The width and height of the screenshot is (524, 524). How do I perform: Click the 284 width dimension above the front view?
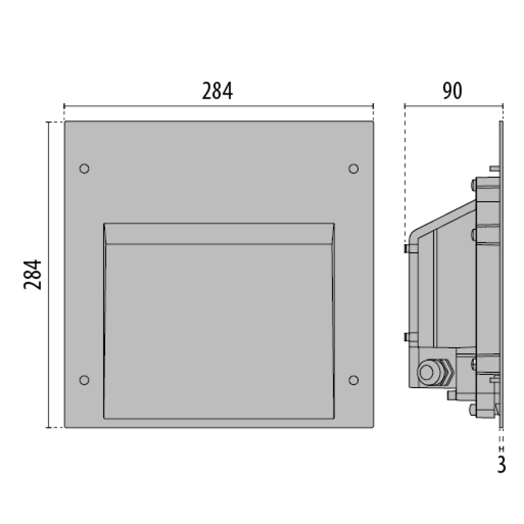click(x=217, y=91)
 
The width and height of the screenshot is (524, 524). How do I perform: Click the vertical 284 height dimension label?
click(x=32, y=275)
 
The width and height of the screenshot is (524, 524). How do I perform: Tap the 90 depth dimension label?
click(x=452, y=91)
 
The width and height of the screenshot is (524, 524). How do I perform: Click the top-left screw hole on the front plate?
click(x=84, y=169)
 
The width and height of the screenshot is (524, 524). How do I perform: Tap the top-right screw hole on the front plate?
click(x=353, y=169)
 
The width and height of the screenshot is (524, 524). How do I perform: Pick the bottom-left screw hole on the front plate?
click(x=84, y=380)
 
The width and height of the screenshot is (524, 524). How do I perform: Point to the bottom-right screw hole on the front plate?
click(x=353, y=380)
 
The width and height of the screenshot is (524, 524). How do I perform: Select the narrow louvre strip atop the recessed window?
click(x=219, y=234)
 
